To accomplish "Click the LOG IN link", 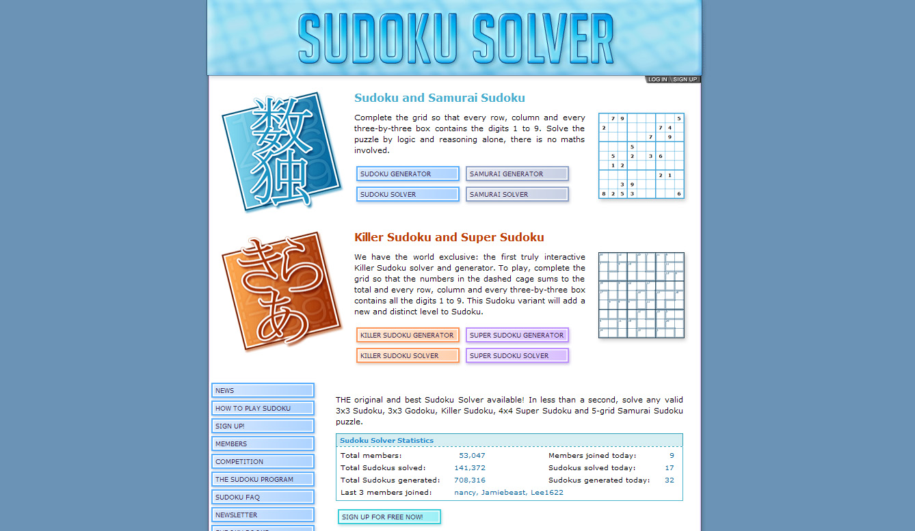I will pos(657,80).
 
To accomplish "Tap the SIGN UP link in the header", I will pos(685,80).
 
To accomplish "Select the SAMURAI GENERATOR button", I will pos(517,174).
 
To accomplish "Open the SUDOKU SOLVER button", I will pos(408,194).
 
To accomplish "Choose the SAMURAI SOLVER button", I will pos(517,194).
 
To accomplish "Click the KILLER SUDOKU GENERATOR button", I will pos(408,335).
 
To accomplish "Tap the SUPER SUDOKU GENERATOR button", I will pos(517,335).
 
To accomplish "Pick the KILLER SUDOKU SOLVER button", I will pos(408,355).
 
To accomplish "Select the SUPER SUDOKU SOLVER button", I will pos(517,355).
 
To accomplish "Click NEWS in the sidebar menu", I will pos(263,390).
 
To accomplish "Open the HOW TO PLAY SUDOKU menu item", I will pos(263,408).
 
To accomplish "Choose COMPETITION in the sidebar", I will pos(263,461).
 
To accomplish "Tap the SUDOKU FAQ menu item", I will pos(263,497).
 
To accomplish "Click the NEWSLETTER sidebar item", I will pos(263,515).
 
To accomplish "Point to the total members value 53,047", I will pos(472,456).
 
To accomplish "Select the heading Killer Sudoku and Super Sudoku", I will pos(449,238).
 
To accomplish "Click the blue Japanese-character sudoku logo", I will pos(281,151).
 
